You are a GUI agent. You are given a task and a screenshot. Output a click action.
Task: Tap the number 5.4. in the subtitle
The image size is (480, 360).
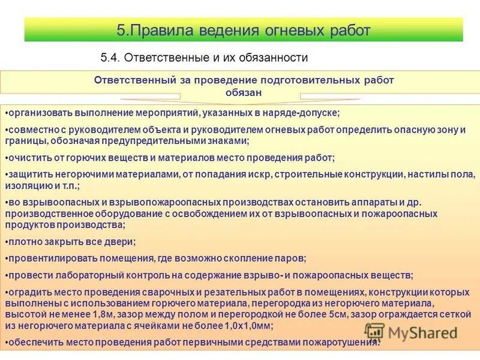111,58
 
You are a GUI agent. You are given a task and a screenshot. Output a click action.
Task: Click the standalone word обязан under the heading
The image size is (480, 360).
243,92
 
